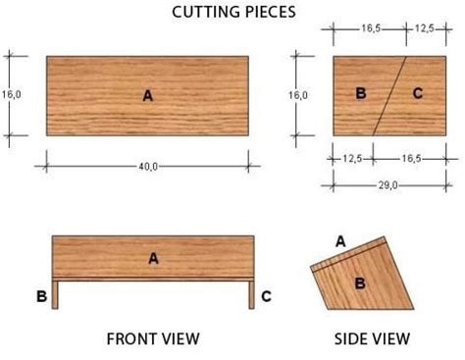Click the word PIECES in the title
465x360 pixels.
point(271,12)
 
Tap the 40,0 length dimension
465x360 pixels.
point(148,167)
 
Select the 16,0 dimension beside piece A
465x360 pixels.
point(11,94)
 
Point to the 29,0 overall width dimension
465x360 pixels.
point(388,185)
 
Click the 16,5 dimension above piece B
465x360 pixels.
point(371,28)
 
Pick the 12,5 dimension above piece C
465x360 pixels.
point(425,28)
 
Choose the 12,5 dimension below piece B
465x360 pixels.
point(352,159)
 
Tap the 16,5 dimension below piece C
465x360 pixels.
point(411,159)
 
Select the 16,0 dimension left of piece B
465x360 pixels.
point(298,95)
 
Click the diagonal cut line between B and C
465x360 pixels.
point(389,96)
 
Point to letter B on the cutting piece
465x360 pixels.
point(361,93)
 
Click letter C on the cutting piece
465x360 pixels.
point(418,93)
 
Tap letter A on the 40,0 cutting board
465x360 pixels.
point(148,96)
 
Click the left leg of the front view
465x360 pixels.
point(55,295)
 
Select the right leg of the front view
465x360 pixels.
point(251,295)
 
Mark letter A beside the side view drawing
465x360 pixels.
point(340,241)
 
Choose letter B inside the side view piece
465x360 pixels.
point(360,283)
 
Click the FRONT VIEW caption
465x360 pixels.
point(153,338)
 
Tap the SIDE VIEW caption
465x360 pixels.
point(372,338)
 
